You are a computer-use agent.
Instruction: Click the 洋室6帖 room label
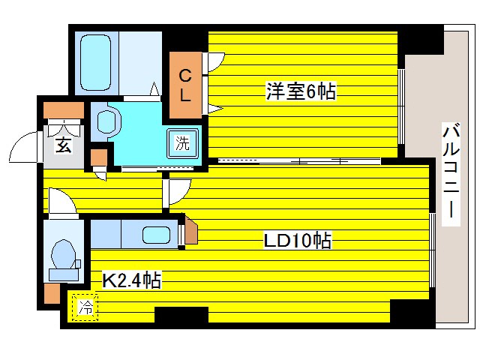(x=299, y=91)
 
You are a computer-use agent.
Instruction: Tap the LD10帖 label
(x=297, y=241)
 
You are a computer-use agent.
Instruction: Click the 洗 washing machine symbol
(x=182, y=142)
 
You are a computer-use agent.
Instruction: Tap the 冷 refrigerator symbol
(x=85, y=307)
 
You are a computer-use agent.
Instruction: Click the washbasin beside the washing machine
(x=107, y=120)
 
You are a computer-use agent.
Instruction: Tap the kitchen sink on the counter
(x=156, y=234)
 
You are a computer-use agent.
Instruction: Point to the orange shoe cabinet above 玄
(x=63, y=111)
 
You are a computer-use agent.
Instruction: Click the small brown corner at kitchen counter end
(x=190, y=230)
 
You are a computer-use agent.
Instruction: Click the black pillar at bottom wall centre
(x=181, y=315)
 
